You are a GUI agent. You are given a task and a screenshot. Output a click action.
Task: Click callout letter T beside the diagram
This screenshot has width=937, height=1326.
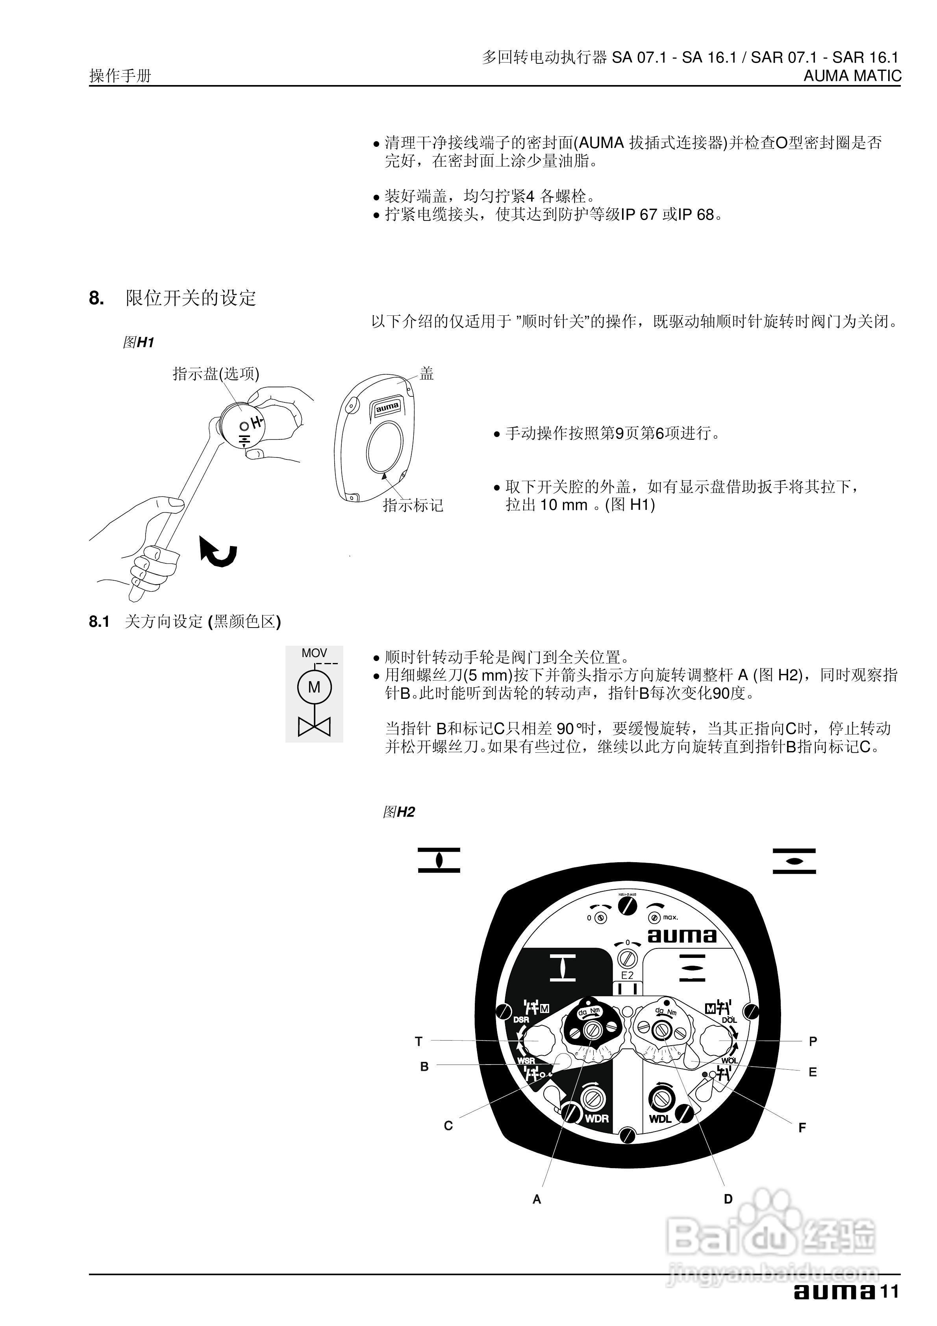click(419, 1041)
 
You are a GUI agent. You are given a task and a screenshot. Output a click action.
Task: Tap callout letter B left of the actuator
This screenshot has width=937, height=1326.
click(424, 1067)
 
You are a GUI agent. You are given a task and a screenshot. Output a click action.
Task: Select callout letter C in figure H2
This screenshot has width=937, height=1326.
click(448, 1126)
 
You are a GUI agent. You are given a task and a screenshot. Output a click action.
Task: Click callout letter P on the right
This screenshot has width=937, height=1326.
click(813, 1041)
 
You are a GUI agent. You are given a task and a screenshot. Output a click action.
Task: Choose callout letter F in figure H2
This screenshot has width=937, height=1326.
click(802, 1127)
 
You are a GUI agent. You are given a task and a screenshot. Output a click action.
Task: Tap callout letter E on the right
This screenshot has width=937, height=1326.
click(813, 1072)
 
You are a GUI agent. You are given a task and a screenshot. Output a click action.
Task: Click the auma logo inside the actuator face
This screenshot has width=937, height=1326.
click(681, 935)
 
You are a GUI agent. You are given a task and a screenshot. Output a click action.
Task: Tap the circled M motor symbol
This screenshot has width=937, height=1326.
click(314, 687)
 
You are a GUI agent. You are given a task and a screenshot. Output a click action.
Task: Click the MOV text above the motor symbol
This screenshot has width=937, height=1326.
click(314, 653)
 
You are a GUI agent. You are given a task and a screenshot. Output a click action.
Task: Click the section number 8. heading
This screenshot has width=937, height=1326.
click(96, 298)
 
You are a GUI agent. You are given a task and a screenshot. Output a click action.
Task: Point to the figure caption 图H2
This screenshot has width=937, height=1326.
click(398, 812)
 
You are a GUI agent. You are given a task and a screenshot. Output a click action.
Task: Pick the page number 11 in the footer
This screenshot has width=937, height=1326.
click(890, 1292)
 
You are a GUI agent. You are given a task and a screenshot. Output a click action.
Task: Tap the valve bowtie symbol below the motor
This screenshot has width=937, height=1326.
click(314, 726)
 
